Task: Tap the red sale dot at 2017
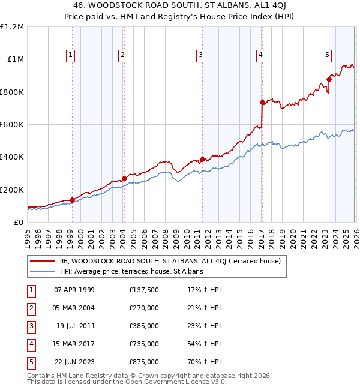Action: tap(262, 103)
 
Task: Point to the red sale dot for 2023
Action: tap(329, 79)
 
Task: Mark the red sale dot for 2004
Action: tap(124, 178)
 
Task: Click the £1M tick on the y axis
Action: tap(15, 59)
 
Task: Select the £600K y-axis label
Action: tap(13, 125)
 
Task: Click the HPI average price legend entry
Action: tap(131, 271)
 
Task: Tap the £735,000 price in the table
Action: tap(143, 344)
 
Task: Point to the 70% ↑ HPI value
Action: tap(204, 362)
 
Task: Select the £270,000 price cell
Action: tap(143, 308)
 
